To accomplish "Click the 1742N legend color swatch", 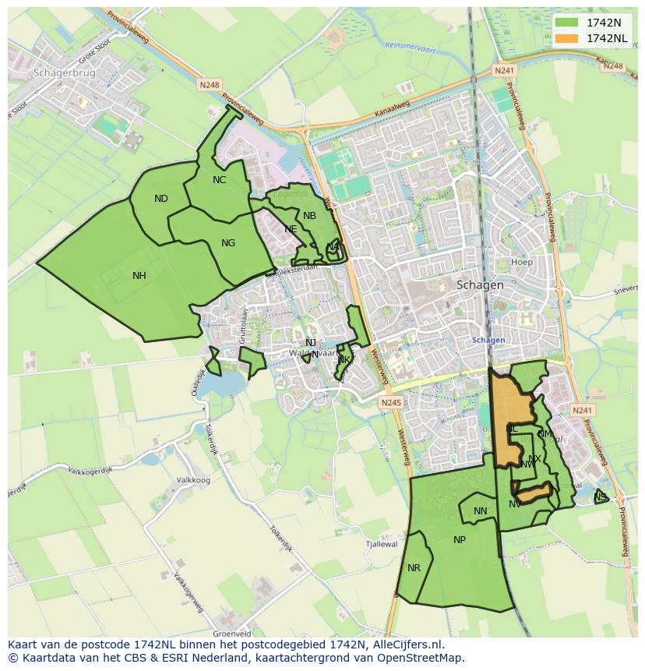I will (567, 23).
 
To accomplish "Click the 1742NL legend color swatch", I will (567, 38).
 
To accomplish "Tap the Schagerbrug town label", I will (65, 72).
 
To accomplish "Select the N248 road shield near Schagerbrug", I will (210, 84).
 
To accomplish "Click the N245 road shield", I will (391, 402).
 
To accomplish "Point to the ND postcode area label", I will (161, 199).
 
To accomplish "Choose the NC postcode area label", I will (219, 180).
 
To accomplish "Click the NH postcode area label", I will (139, 275).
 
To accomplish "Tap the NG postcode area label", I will (228, 243).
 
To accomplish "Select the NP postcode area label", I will (460, 540).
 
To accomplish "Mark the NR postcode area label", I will (414, 568).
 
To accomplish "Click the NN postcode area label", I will (481, 512).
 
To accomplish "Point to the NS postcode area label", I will (600, 497).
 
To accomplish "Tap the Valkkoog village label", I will (194, 481).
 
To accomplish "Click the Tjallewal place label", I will (382, 545).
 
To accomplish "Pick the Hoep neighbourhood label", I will (522, 263).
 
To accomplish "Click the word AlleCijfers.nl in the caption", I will (404, 645).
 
